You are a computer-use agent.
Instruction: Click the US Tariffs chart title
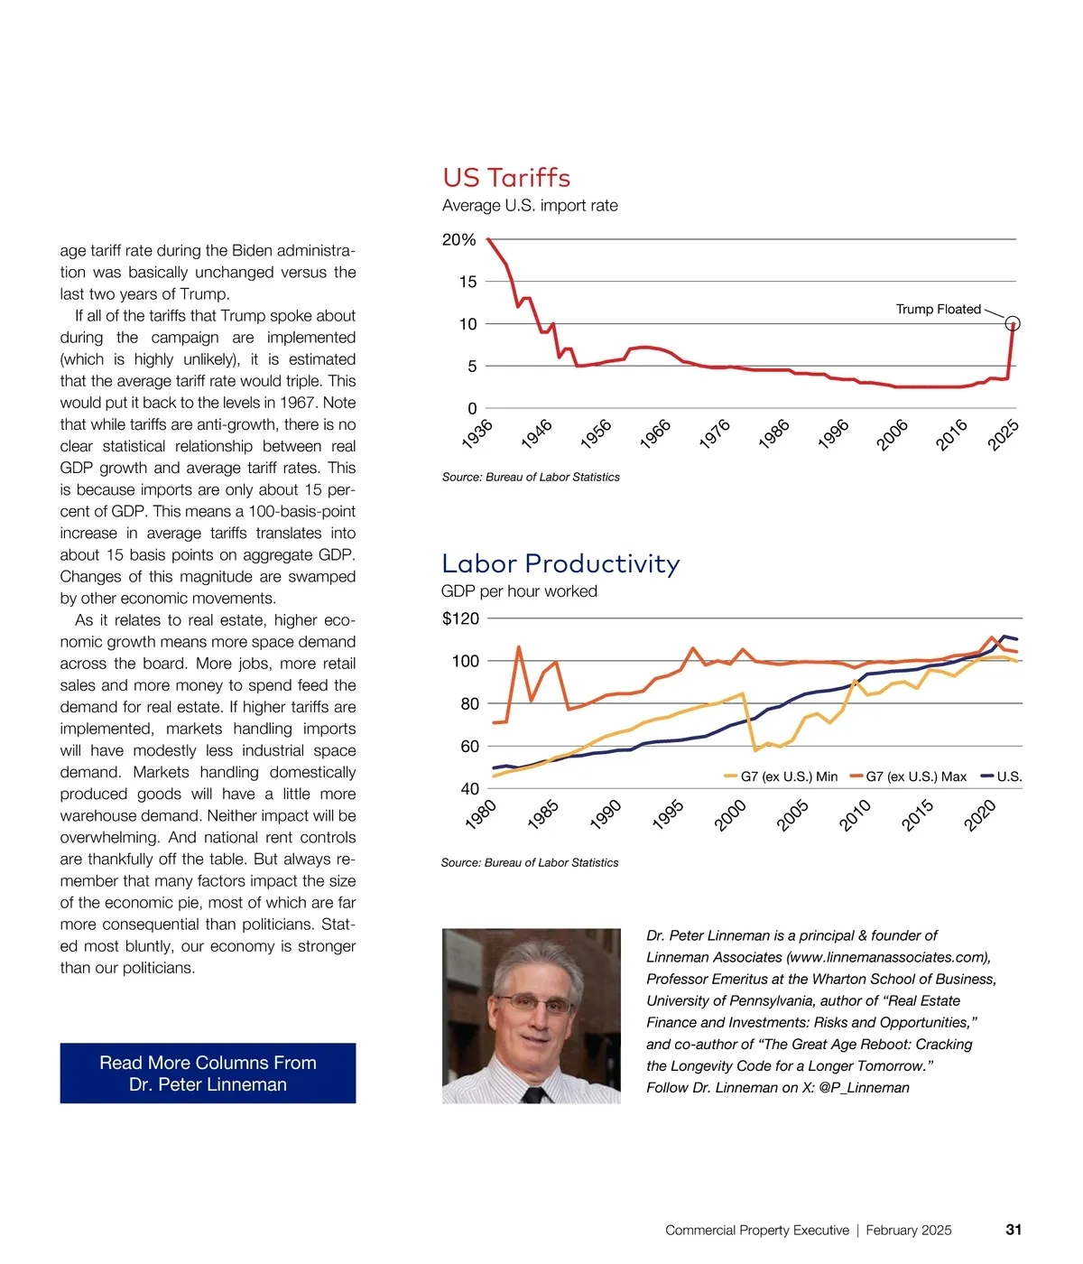coord(506,177)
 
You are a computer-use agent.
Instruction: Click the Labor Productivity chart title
coord(560,563)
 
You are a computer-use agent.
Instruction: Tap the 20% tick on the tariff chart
coord(458,239)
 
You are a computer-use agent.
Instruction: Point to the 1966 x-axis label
coord(655,433)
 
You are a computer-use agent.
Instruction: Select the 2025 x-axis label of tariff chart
coord(1003,434)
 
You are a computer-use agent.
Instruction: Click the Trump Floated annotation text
coord(938,309)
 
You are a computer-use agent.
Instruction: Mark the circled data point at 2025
coord(1013,323)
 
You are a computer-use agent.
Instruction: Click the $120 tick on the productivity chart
coord(460,618)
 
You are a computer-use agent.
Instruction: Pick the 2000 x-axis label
coord(730,815)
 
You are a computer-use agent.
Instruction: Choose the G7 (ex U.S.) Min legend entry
coord(781,776)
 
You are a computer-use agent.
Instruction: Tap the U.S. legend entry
coord(1003,776)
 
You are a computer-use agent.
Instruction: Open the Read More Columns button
coord(208,1073)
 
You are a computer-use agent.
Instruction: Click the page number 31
coord(1014,1230)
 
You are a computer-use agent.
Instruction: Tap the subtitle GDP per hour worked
coord(519,591)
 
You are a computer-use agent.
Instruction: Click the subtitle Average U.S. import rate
coord(530,206)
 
